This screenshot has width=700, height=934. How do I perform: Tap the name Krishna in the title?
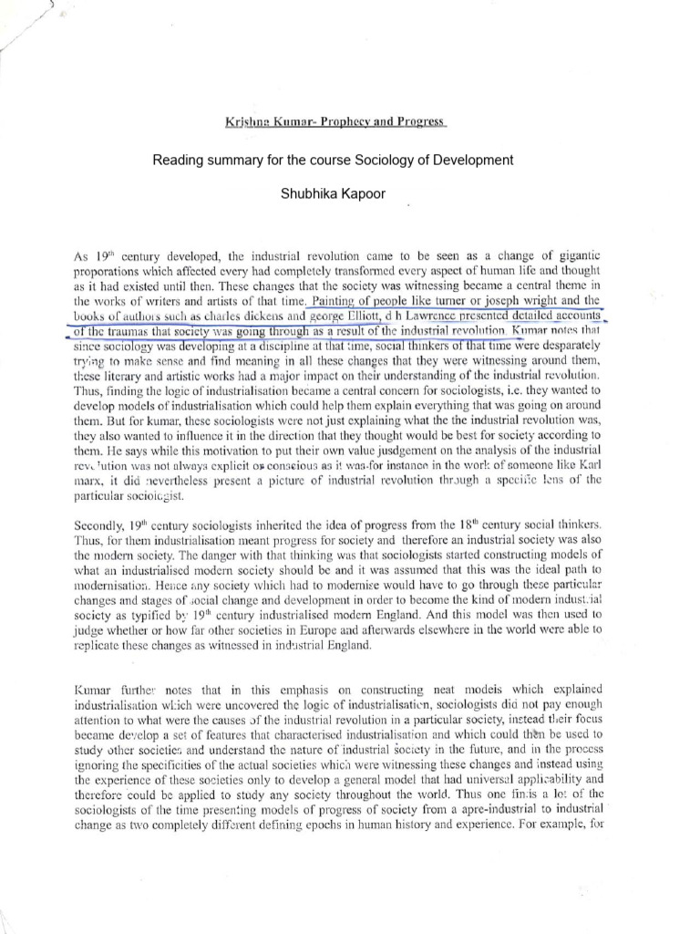pos(245,122)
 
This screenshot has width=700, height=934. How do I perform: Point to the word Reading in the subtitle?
pos(176,161)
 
